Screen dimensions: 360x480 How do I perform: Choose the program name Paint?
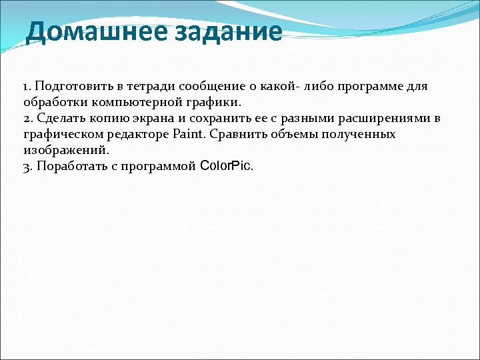click(189, 135)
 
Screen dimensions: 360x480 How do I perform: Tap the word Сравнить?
click(237, 135)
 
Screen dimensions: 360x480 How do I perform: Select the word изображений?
click(64, 151)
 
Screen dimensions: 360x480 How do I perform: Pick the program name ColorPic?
click(225, 166)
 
